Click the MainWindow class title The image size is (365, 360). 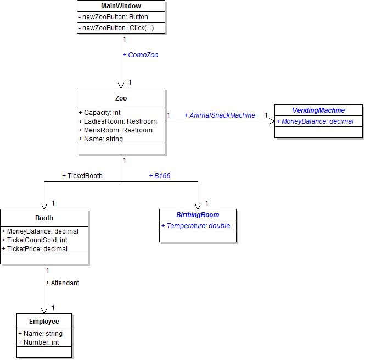(121, 6)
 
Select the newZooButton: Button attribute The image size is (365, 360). (113, 17)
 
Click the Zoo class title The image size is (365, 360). (121, 98)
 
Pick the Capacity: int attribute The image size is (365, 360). (102, 113)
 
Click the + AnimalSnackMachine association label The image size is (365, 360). (220, 115)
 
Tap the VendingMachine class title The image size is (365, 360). (318, 110)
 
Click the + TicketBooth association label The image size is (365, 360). (82, 176)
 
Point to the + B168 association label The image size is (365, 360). (159, 176)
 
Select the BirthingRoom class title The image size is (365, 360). (198, 215)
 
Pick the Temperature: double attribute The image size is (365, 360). (195, 226)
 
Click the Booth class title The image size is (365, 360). (44, 218)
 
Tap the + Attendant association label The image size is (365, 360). (63, 283)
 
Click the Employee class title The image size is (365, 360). (44, 322)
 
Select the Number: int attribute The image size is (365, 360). (38, 342)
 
